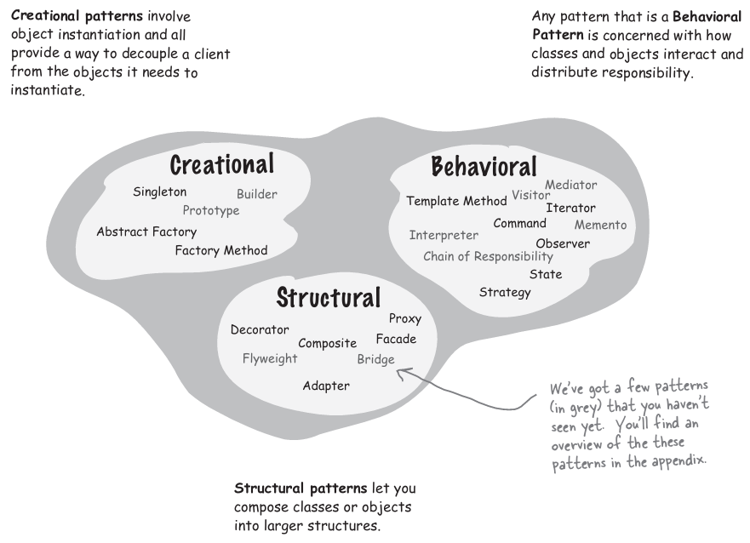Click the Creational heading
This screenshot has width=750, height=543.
tap(221, 164)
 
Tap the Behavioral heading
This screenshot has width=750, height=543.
tap(484, 166)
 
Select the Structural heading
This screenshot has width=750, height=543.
tap(328, 298)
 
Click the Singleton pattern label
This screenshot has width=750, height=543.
tap(159, 192)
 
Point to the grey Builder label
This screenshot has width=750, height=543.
tap(256, 194)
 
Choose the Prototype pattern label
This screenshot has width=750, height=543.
tap(211, 210)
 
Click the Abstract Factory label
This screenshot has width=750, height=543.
tap(146, 231)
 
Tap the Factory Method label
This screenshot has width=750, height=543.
tap(220, 250)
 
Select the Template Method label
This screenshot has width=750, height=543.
tap(456, 202)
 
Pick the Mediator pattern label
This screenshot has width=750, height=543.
tap(570, 185)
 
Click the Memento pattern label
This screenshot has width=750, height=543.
tap(600, 226)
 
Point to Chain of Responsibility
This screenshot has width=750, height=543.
tap(488, 256)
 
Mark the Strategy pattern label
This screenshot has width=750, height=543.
tap(505, 293)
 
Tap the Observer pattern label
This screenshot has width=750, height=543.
tap(563, 243)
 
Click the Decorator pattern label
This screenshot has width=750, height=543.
tap(260, 330)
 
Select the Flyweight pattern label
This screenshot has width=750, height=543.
tap(270, 358)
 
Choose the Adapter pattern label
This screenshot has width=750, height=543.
tap(326, 386)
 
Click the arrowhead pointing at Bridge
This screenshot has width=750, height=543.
tap(401, 371)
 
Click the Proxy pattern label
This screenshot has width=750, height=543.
tap(404, 319)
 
